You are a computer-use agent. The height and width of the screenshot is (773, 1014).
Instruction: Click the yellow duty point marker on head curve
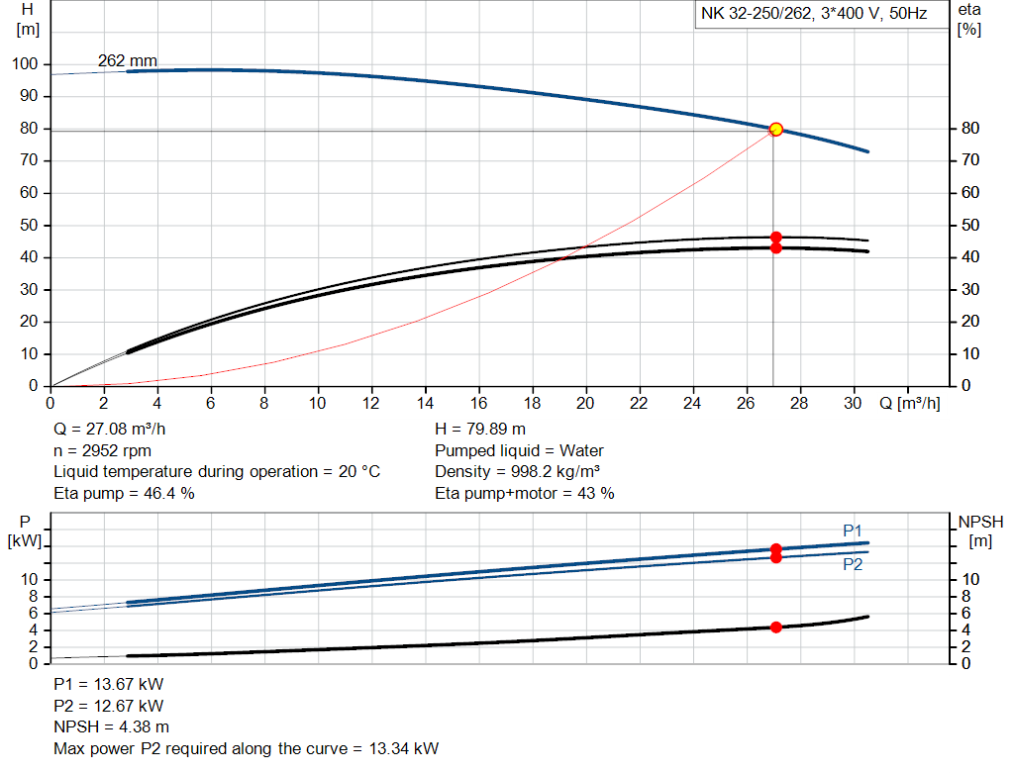776,129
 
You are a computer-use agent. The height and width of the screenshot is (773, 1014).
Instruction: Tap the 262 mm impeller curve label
127,61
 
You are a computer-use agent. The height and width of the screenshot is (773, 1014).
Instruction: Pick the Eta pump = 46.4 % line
124,493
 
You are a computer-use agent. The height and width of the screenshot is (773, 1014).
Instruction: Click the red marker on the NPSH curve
776,627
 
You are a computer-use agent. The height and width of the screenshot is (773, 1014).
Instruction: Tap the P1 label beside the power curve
853,531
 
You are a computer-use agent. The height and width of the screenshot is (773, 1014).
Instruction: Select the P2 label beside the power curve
853,564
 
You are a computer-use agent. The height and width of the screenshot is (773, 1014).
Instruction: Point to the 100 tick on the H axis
25,64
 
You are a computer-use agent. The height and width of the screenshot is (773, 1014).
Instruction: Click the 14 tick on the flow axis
426,404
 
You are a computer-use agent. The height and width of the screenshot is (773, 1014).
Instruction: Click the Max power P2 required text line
246,747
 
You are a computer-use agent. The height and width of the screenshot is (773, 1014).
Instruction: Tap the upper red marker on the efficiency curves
776,238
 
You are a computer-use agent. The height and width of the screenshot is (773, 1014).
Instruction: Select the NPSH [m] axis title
980,531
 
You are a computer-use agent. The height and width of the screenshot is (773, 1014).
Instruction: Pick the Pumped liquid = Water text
519,451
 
